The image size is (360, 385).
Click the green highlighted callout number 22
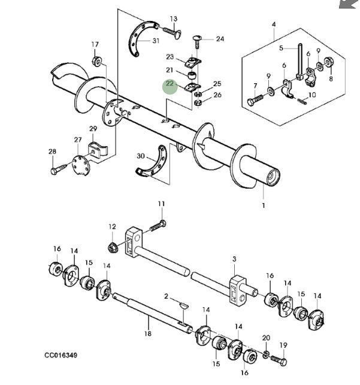[170, 84]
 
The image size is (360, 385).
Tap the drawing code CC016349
[61, 355]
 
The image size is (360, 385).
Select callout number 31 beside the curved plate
[156, 41]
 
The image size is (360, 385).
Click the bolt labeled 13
[172, 32]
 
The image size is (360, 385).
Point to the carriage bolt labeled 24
[196, 42]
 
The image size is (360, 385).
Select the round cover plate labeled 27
[81, 165]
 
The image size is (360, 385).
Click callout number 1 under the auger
[263, 205]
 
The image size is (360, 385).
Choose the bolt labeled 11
[158, 226]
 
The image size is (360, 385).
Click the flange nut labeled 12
[113, 247]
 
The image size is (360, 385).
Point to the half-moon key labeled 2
[183, 306]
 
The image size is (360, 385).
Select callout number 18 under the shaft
[148, 334]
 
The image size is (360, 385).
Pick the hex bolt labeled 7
[255, 100]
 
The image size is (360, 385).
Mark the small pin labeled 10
[302, 101]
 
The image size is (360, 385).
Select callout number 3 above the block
[234, 259]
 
